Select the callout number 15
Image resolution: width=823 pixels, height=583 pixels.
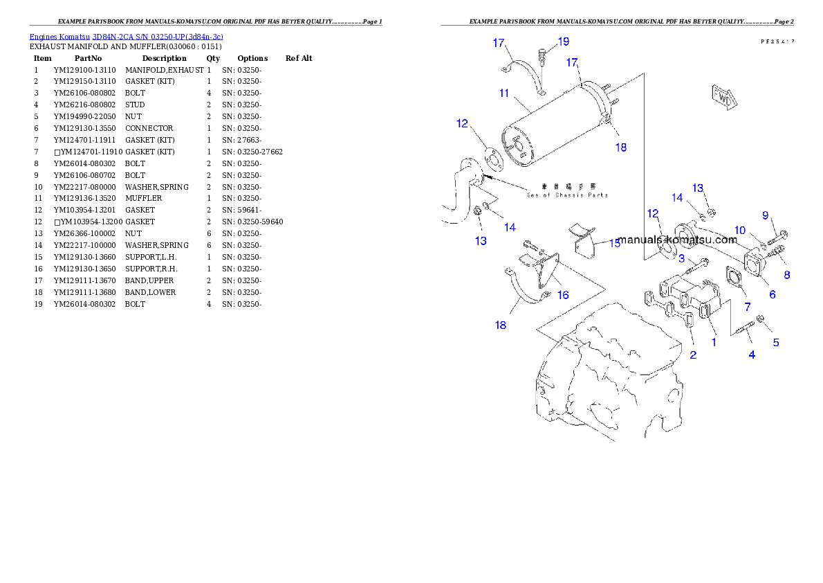(x=615, y=243)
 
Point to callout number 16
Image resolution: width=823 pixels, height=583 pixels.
(x=563, y=295)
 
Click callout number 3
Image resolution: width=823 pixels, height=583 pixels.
(x=681, y=259)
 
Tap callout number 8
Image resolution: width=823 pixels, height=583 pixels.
(x=786, y=274)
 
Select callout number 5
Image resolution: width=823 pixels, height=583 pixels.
(x=776, y=342)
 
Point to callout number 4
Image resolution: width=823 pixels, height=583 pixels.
(x=752, y=355)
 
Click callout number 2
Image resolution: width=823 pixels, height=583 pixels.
(x=693, y=355)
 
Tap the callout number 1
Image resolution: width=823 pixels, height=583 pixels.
(x=714, y=341)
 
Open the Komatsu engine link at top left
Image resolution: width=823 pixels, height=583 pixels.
(x=126, y=36)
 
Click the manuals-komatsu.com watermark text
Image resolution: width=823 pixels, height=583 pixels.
(x=677, y=240)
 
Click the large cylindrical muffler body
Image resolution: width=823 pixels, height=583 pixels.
(x=553, y=128)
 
